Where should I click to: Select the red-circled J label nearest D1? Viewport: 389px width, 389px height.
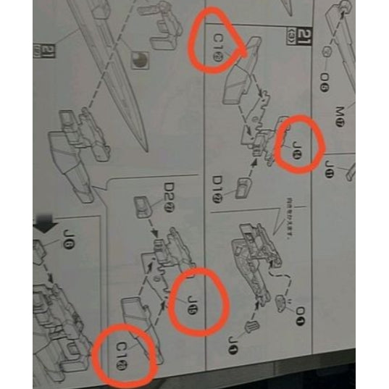coord(296,145)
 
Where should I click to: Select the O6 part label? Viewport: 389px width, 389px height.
coord(324,80)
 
